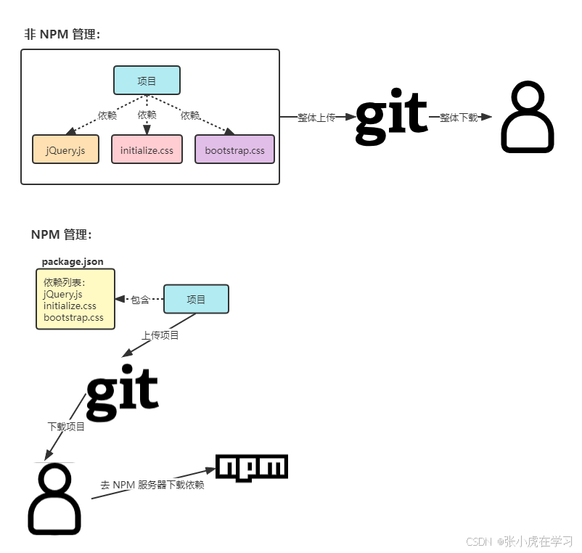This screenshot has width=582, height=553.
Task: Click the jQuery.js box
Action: (x=65, y=149)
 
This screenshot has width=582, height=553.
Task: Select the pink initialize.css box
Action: (x=147, y=149)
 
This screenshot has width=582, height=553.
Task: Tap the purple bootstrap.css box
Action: (x=234, y=149)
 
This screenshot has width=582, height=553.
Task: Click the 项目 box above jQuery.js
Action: (x=147, y=81)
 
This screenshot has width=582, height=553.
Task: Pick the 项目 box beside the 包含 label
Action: (x=196, y=299)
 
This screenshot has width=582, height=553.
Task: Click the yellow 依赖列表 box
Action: (x=75, y=299)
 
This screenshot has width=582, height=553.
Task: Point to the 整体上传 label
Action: (x=316, y=118)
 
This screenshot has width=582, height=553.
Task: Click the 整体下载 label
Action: (x=459, y=118)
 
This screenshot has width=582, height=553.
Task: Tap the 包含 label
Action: (x=140, y=299)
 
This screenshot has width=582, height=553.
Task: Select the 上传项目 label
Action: (x=160, y=335)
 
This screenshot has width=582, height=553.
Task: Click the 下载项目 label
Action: (x=66, y=426)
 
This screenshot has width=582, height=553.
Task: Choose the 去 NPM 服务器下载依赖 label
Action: (x=152, y=484)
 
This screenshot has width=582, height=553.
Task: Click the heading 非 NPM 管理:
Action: (x=62, y=34)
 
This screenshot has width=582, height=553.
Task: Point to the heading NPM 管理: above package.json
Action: (x=61, y=234)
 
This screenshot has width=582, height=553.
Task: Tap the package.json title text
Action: (x=73, y=261)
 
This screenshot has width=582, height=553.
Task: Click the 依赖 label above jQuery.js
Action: (x=107, y=115)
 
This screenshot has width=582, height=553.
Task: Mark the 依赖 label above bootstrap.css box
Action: (x=190, y=115)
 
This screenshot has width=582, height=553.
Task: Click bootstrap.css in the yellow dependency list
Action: (x=73, y=317)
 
